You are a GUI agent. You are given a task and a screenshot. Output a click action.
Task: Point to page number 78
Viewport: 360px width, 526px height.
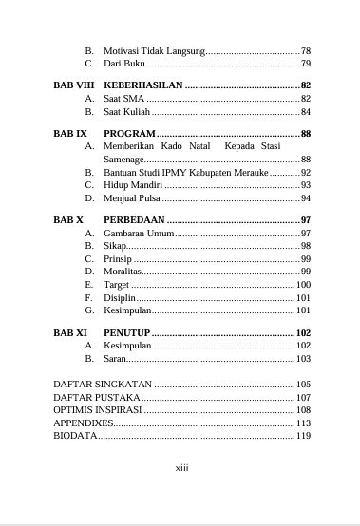[306, 50]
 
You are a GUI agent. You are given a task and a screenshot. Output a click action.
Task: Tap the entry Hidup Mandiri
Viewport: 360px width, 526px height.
[134, 185]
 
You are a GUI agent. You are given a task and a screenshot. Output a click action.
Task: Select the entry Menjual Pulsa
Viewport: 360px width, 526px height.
[132, 198]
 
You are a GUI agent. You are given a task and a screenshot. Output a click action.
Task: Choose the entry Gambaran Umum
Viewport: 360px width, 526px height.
[137, 233]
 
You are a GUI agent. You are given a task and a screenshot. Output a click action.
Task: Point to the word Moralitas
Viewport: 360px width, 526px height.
[123, 272]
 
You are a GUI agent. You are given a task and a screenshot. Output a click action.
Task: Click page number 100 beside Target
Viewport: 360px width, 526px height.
[304, 285]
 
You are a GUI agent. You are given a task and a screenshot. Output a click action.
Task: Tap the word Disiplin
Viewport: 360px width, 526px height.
[120, 297]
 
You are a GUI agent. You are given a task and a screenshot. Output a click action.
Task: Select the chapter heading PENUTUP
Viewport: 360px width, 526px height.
[127, 333]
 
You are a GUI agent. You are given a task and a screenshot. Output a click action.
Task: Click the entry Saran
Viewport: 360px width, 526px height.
[115, 359]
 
